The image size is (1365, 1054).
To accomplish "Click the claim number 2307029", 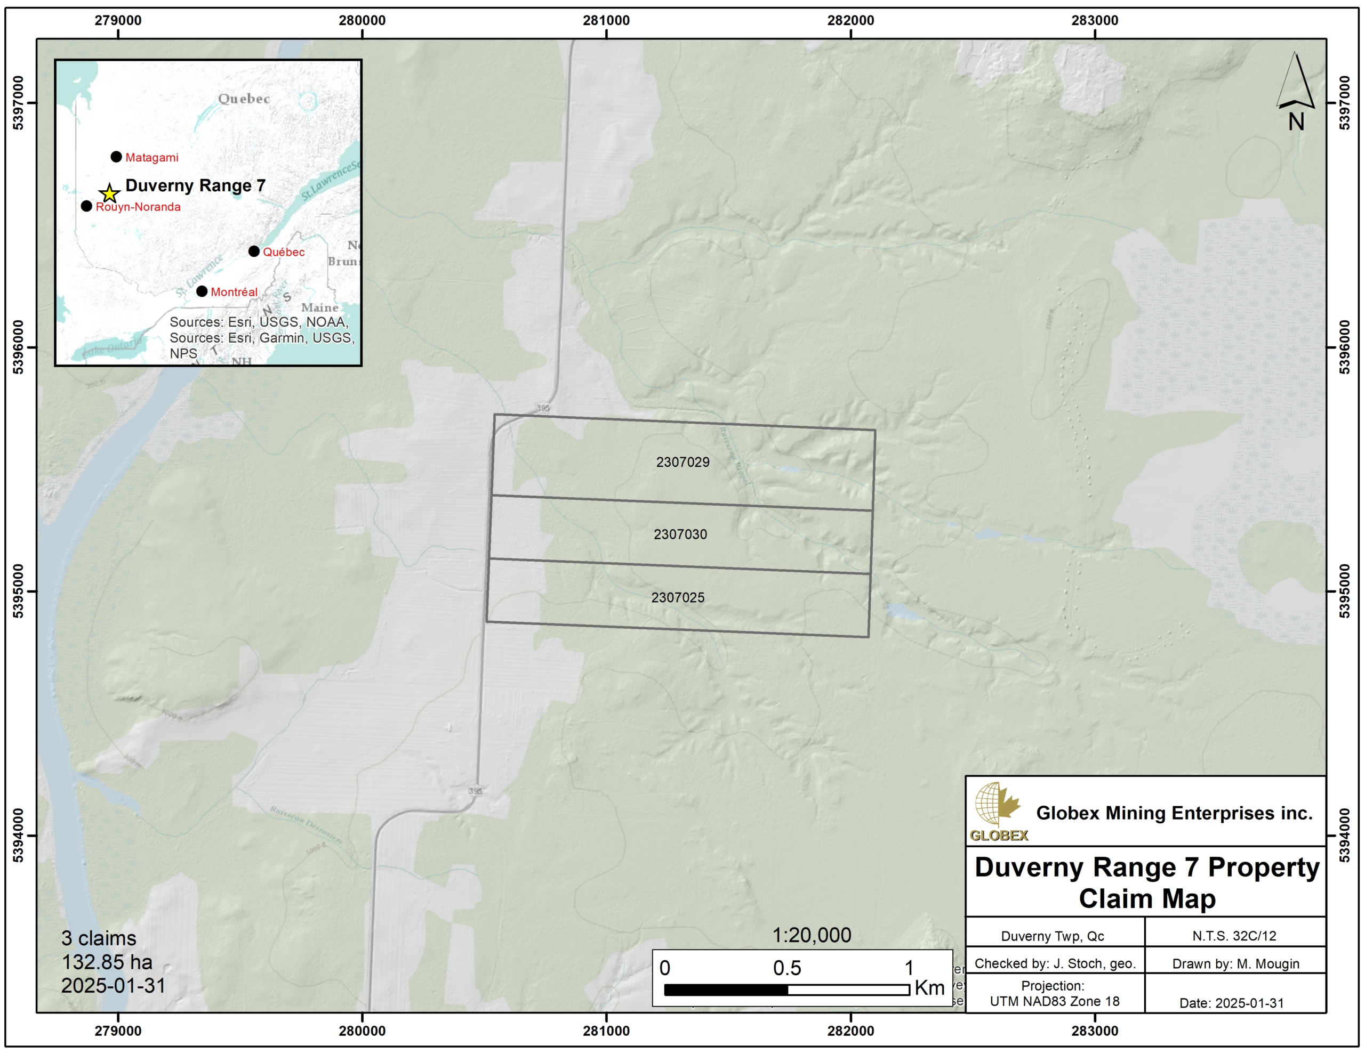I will [682, 463].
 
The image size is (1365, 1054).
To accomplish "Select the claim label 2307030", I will [680, 534].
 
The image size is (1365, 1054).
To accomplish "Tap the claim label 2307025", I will [678, 597].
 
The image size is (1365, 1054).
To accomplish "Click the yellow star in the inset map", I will [109, 193].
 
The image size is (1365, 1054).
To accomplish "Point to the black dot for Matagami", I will [116, 157].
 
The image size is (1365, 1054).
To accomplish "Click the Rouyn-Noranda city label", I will [138, 207].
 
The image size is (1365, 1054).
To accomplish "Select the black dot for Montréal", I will [202, 291].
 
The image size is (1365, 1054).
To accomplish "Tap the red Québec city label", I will [283, 252].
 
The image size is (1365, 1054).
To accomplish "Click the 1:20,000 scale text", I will [811, 935].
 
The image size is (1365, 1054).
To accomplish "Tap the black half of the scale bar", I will [726, 990].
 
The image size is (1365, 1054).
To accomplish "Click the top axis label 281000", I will [606, 20].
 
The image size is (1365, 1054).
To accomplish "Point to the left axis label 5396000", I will [19, 347].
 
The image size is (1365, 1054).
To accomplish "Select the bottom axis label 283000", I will [1094, 1032].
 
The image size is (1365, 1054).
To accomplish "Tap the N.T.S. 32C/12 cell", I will [1234, 936].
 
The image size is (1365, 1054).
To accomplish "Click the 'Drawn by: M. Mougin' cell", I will [1235, 963].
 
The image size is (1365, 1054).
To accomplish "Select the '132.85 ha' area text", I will [107, 962].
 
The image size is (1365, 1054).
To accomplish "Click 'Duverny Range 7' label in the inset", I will [195, 185].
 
